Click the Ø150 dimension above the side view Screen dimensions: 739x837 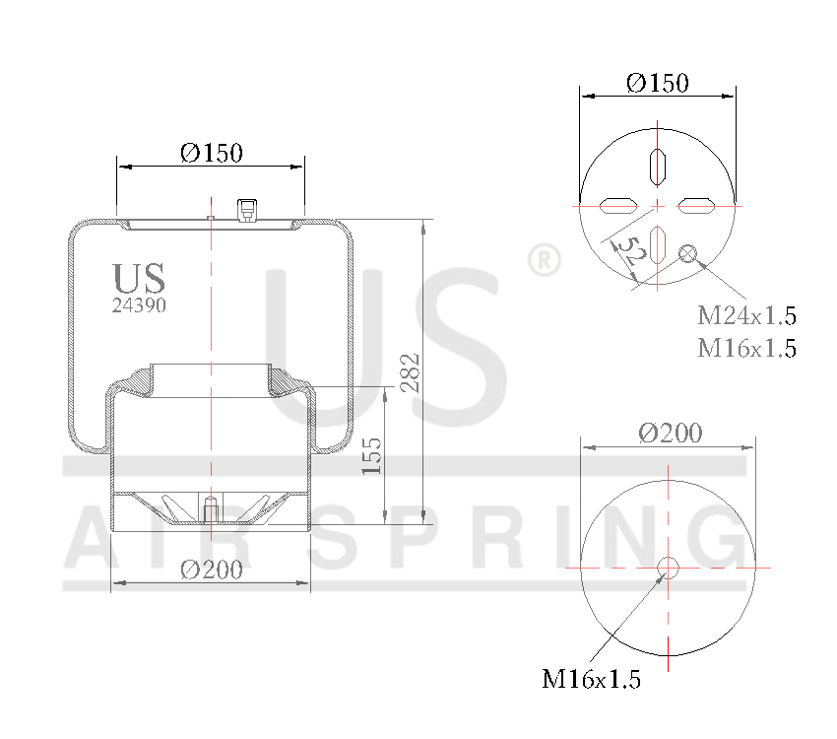[211, 153]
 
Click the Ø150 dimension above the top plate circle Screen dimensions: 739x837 [658, 83]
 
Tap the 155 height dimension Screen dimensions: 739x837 [372, 456]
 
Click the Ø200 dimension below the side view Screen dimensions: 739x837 [211, 570]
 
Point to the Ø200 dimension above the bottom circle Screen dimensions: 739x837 [670, 433]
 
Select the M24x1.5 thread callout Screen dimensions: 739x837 [746, 316]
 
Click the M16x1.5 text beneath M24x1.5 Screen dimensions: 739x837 [746, 348]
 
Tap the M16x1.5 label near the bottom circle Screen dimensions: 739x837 [592, 679]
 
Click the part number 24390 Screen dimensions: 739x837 [138, 305]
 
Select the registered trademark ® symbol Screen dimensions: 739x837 [544, 261]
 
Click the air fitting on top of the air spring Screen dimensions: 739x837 [246, 210]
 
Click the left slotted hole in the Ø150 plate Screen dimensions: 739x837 [617, 205]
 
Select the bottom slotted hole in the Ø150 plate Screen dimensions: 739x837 [658, 244]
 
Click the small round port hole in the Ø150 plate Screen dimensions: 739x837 [688, 255]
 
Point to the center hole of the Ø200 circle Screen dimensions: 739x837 [669, 568]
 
